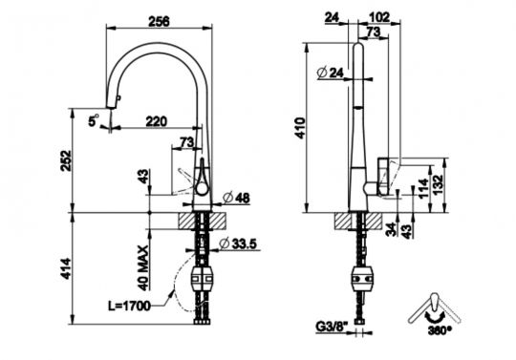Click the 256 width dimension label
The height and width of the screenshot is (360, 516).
click(x=159, y=21)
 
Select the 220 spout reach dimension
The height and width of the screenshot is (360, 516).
click(x=157, y=121)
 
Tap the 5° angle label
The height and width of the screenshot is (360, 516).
click(x=94, y=120)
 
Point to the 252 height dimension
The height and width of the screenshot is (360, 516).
click(x=67, y=160)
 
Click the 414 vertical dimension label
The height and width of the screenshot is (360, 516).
click(x=66, y=269)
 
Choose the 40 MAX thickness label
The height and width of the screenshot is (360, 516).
click(x=143, y=268)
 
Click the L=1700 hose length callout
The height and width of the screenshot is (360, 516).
click(x=130, y=307)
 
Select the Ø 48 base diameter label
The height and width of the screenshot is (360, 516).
click(x=236, y=198)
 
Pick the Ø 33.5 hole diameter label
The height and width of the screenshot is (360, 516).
click(x=238, y=244)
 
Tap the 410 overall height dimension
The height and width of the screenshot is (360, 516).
click(x=301, y=128)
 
